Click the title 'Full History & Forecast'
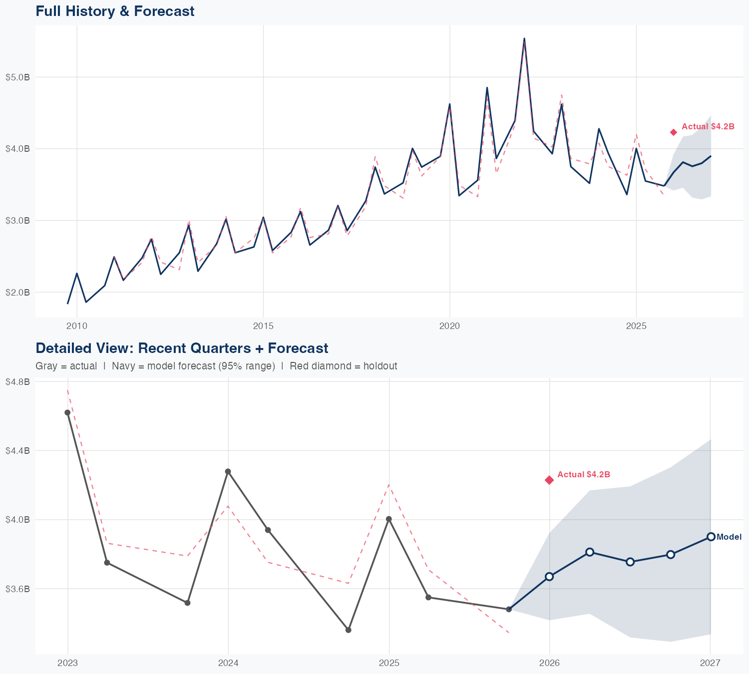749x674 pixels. pos(115,11)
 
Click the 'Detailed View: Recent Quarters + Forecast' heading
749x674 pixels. pos(182,348)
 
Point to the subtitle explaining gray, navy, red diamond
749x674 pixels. pos(216,366)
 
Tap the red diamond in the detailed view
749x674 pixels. pos(549,480)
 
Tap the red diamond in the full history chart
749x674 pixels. pos(673,132)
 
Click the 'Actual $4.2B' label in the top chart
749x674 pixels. pos(708,127)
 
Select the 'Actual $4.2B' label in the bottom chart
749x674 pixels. pos(583,474)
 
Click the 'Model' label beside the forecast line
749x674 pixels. pos(729,537)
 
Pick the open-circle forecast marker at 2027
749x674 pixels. pos(711,537)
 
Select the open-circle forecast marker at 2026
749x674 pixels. pos(549,577)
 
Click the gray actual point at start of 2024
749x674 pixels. pos(228,471)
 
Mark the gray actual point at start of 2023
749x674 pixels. pos(67,412)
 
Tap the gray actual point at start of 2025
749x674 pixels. pos(389,519)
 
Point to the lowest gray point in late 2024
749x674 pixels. pos(349,630)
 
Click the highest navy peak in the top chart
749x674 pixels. pos(524,38)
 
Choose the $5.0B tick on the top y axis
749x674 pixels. pos(17,77)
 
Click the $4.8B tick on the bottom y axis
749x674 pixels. pos(17,381)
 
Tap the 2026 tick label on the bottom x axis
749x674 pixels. pos(549,663)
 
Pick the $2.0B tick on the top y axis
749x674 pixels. pos(17,292)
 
